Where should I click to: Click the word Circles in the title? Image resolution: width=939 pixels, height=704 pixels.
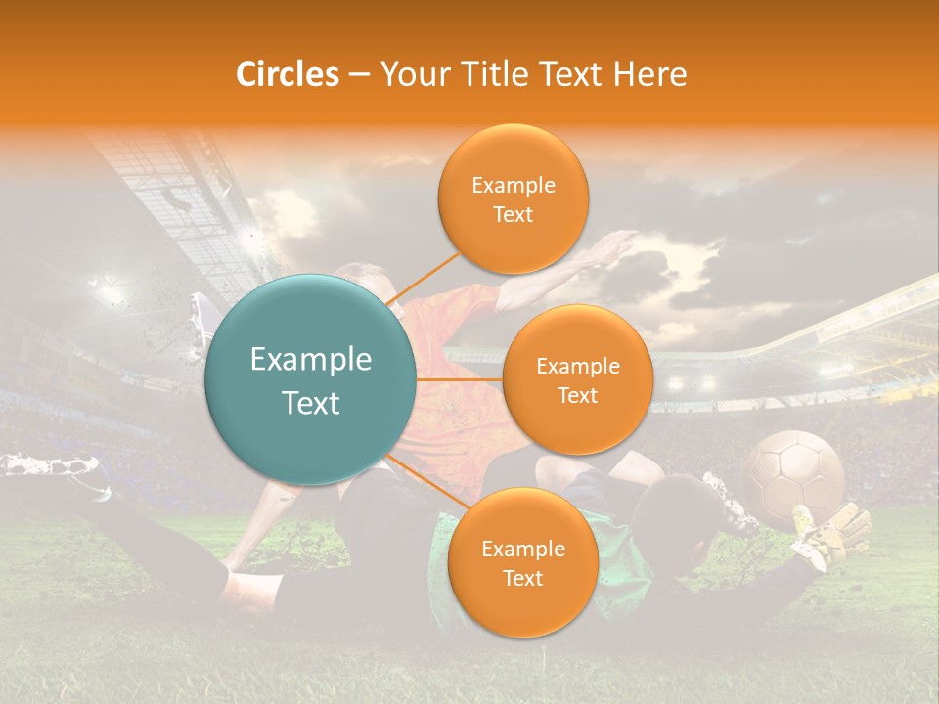[287, 74]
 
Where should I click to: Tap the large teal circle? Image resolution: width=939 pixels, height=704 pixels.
[310, 379]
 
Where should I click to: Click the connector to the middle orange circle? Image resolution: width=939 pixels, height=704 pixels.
[460, 379]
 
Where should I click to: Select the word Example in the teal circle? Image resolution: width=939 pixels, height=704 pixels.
[310, 360]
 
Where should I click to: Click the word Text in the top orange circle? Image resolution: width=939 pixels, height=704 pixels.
[513, 214]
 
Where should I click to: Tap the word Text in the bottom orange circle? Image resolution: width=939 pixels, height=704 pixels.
[522, 578]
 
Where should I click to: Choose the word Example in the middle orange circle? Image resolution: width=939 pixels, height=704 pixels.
[577, 367]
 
